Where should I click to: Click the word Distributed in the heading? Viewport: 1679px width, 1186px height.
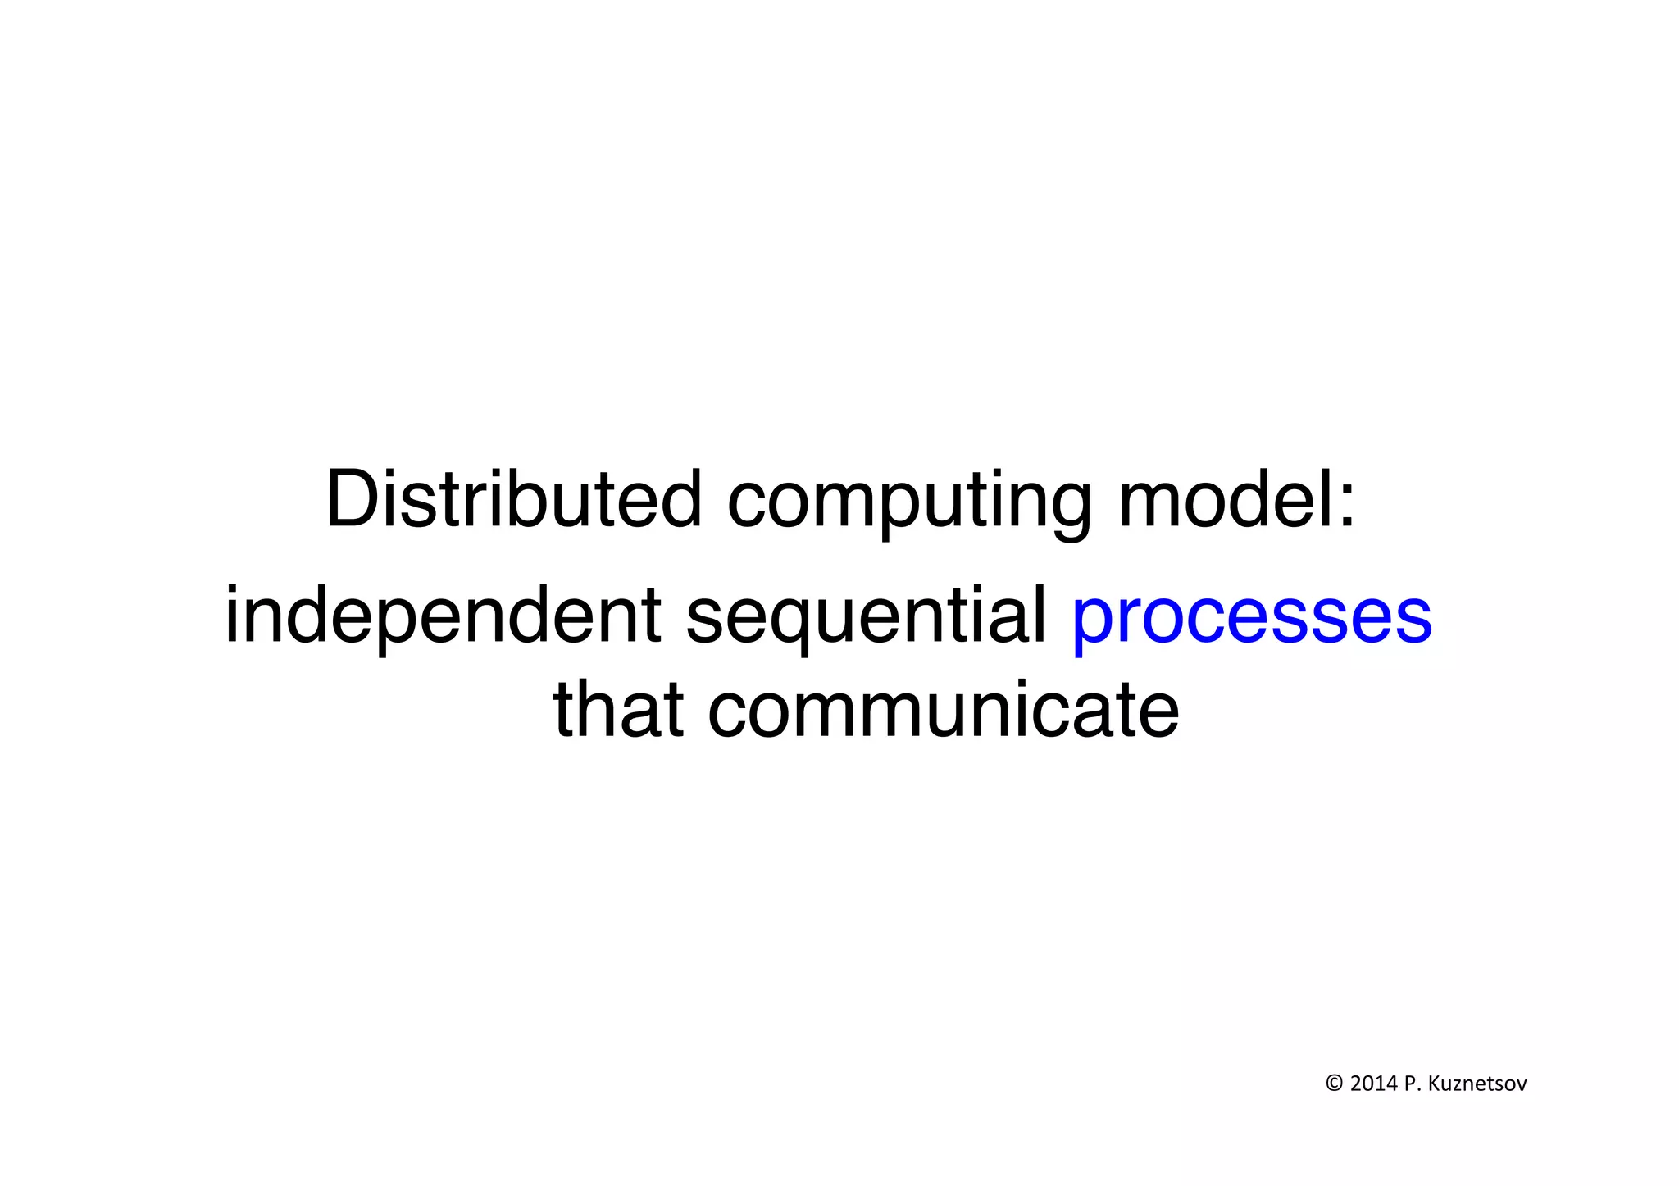(513, 499)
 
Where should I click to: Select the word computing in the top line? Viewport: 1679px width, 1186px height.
(909, 502)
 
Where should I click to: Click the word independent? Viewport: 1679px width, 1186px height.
(443, 616)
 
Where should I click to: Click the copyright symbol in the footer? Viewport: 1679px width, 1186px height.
(1334, 1084)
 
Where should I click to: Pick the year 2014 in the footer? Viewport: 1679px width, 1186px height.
(1373, 1084)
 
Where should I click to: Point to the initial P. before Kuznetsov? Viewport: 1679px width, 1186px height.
(1411, 1084)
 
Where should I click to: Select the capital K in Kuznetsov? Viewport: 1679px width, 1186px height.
(1434, 1084)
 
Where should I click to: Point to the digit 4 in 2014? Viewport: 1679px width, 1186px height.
(1391, 1084)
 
